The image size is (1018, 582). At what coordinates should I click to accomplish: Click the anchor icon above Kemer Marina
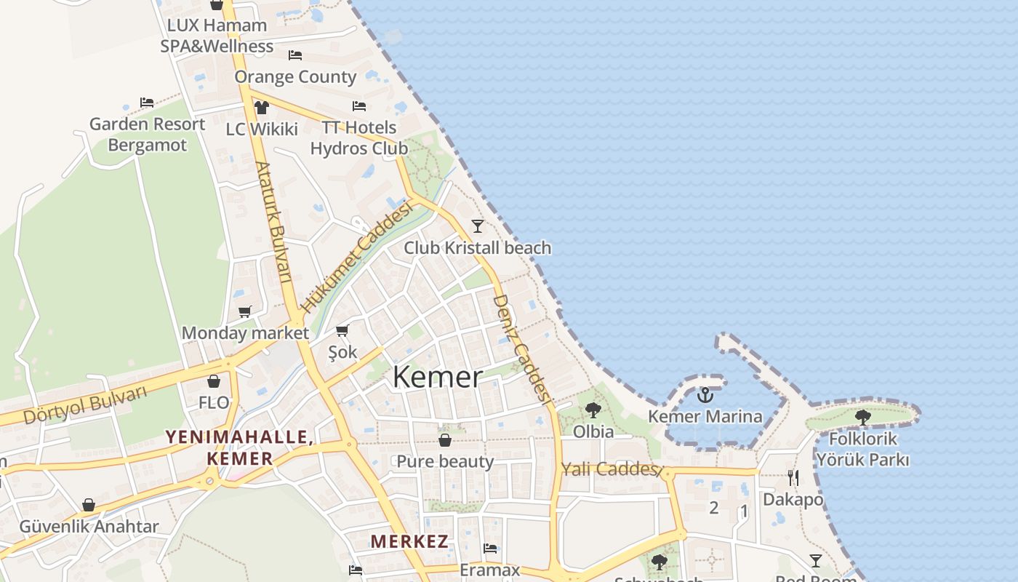point(705,395)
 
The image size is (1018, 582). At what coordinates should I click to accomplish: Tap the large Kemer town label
point(438,377)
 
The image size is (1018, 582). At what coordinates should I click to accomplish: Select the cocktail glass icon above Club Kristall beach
point(478,226)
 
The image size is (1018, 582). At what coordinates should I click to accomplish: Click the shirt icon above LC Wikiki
point(262,108)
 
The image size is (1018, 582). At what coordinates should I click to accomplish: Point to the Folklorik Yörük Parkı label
point(862,450)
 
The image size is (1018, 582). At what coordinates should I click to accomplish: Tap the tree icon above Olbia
point(593,410)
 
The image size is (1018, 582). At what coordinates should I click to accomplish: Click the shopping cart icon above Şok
point(342,330)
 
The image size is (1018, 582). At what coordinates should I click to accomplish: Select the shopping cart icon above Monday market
point(245,311)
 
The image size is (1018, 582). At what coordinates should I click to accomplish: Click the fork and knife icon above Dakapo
point(793,477)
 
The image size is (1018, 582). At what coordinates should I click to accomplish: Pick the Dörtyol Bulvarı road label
point(84,405)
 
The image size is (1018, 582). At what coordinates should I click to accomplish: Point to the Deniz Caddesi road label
point(519,348)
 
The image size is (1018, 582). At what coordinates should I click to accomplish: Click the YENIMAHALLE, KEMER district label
point(239,447)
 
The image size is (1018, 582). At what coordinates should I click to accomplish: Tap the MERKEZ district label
point(409,541)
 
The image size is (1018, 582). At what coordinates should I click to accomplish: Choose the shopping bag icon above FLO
point(214,381)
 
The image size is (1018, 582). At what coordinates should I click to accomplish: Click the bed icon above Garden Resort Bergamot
point(147,103)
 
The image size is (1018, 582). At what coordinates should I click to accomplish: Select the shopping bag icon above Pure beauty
point(445,440)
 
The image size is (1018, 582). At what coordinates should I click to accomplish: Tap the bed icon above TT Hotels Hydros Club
point(359,106)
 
